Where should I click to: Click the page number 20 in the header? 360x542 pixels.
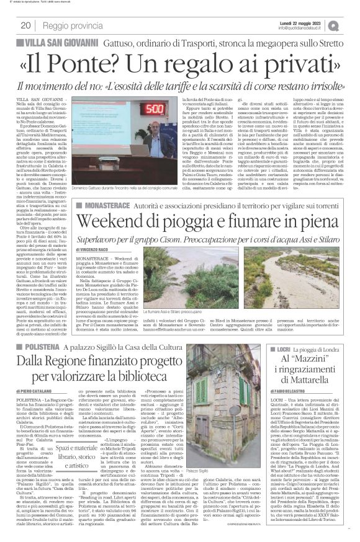click(25, 25)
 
